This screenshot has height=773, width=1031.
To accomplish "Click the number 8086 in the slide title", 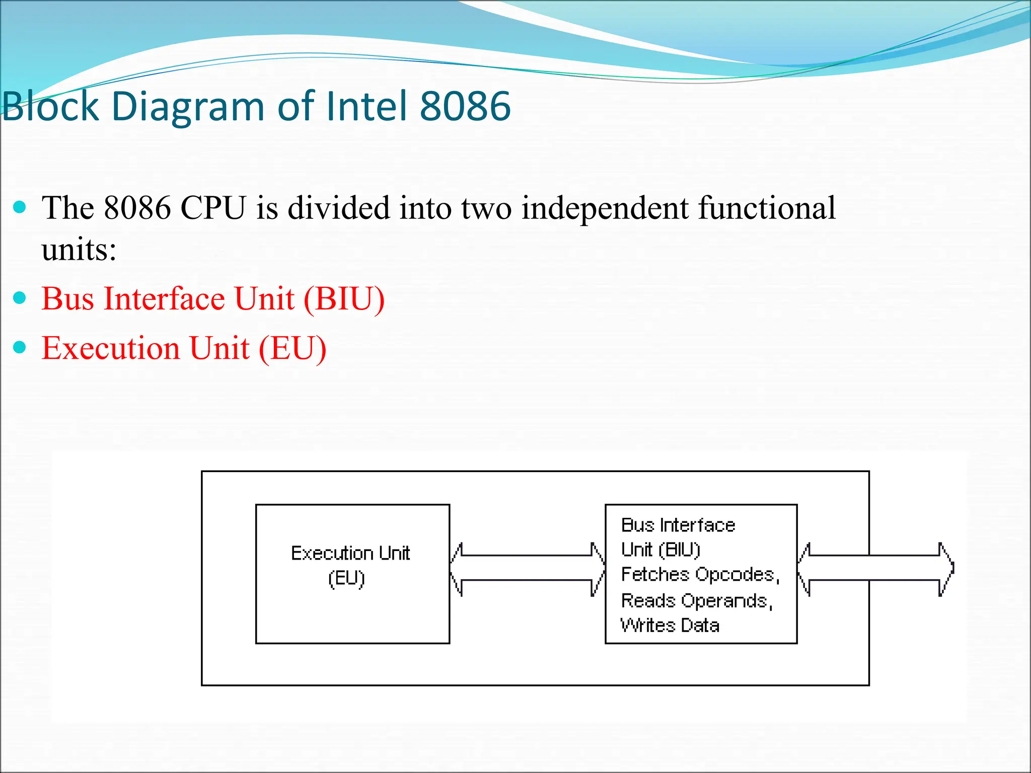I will coord(465,106).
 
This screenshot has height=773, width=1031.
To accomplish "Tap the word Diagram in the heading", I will coord(187,107).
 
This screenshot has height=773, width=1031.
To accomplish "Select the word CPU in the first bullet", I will coord(213,208).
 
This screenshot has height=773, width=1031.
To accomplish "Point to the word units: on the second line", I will coord(79,250).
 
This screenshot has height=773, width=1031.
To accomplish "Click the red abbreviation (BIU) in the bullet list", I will coord(344,299).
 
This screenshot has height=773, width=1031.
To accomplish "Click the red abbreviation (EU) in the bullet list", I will coord(292,348).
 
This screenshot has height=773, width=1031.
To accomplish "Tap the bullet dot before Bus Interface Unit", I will coord(20,298).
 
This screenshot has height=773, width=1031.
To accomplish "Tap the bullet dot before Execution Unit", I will coord(20,347).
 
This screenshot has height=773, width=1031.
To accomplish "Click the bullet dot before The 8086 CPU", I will coord(20,207).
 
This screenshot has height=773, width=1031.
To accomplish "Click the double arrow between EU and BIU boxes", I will coord(527,568).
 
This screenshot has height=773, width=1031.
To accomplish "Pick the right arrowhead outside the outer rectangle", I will coord(946,568).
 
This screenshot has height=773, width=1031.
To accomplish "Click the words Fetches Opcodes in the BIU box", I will coord(700,575).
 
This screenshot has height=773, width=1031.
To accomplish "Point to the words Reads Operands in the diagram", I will coord(696,601).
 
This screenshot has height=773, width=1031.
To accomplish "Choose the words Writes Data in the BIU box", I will coord(670,626).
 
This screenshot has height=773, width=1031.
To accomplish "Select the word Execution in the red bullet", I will coord(110,348).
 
